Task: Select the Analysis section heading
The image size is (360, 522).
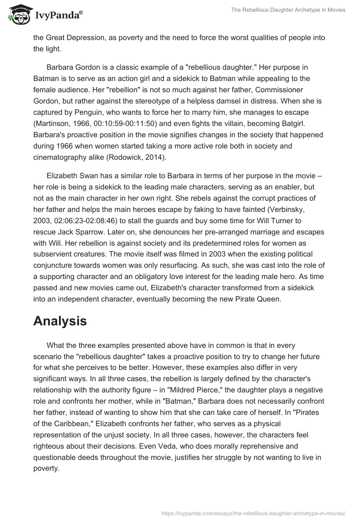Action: pyautogui.click(x=60, y=321)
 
